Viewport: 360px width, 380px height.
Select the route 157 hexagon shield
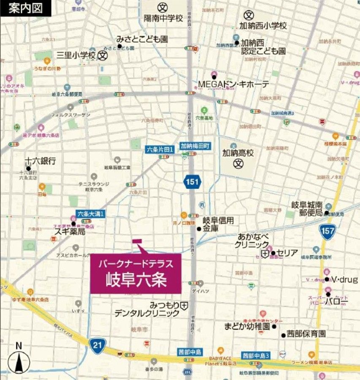click(328, 232)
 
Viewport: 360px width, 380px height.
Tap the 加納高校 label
click(238, 153)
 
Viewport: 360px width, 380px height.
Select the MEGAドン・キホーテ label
click(233, 84)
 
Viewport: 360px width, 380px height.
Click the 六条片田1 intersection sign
click(160, 149)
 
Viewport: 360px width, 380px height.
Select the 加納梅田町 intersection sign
click(195, 145)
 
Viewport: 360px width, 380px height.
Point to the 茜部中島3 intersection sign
click(256, 356)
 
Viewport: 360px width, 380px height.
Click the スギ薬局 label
click(70, 232)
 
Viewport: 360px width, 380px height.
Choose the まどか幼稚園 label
click(247, 326)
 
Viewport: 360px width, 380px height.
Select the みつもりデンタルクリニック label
click(148, 309)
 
